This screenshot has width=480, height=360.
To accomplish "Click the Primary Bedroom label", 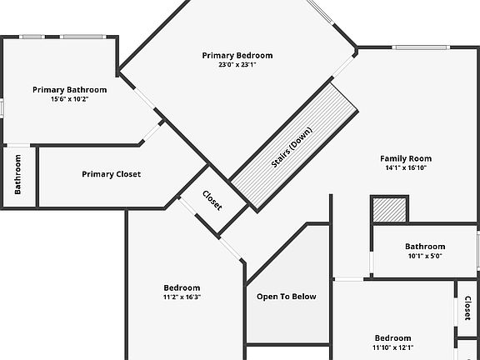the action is tap(237, 55).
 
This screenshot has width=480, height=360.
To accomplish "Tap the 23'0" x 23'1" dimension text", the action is tap(237, 65).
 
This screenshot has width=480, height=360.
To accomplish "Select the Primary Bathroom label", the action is tap(70, 90).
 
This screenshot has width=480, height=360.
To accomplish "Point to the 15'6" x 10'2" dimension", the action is tap(70, 99).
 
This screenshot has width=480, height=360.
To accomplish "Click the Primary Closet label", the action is tap(112, 174).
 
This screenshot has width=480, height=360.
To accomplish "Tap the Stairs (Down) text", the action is tap(292, 147).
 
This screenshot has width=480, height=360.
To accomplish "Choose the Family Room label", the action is tap(406, 158).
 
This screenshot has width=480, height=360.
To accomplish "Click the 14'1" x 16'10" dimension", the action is tap(406, 167).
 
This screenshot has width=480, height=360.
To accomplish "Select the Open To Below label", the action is tap(287, 297).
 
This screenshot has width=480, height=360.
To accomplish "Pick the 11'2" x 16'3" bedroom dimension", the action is tap(182, 297).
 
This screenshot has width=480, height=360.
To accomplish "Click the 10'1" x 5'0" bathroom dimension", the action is tap(425, 256).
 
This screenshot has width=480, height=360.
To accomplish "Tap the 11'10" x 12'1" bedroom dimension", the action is tap(393, 347).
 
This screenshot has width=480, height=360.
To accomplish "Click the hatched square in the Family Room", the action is tap(389, 210).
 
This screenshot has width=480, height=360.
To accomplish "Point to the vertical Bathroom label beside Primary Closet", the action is tap(17, 174).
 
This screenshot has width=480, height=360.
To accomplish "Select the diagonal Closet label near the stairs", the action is tap(212, 201).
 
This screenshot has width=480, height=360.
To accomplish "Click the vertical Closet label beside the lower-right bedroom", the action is tap(467, 308).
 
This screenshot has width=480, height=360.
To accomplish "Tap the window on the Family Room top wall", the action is tap(421, 47).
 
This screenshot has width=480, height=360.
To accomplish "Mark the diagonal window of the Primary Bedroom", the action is tap(320, 12).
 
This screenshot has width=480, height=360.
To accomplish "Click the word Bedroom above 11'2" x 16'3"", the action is tap(182, 287).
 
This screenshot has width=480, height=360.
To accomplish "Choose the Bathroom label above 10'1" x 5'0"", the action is tap(425, 247).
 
